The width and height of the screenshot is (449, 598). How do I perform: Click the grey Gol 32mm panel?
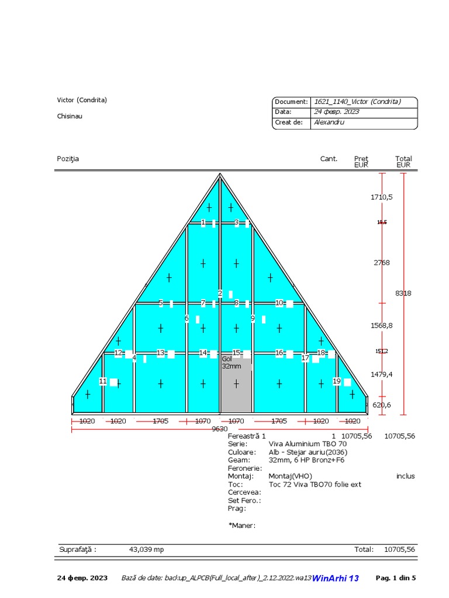pyautogui.click(x=236, y=388)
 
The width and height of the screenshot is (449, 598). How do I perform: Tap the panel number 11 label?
pyautogui.click(x=103, y=381)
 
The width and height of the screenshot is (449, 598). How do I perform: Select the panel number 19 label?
pyautogui.click(x=337, y=381)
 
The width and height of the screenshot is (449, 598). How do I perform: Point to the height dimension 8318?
pyautogui.click(x=403, y=293)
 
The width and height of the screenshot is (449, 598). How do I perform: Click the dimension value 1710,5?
pyautogui.click(x=382, y=197)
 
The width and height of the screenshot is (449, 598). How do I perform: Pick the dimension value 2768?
pyautogui.click(x=382, y=263)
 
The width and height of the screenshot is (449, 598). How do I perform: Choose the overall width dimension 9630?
pyautogui.click(x=220, y=429)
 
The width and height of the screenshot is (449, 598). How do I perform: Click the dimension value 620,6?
pyautogui.click(x=382, y=405)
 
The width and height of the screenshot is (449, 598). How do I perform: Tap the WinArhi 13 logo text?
pyautogui.click(x=336, y=578)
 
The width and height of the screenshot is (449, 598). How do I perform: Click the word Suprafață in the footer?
pyautogui.click(x=78, y=550)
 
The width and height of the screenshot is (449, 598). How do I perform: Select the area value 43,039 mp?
pyautogui.click(x=146, y=550)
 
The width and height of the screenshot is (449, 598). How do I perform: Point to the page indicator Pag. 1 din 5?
pyautogui.click(x=396, y=578)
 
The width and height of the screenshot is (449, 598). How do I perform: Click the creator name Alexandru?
pyautogui.click(x=329, y=123)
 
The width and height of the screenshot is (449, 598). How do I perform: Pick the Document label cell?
pyautogui.click(x=291, y=102)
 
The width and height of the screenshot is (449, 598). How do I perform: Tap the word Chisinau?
pyautogui.click(x=70, y=116)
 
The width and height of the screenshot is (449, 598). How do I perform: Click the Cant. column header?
pyautogui.click(x=329, y=159)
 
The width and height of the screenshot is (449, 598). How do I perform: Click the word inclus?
pyautogui.click(x=405, y=476)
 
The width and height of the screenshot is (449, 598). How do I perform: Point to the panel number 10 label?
pyautogui.click(x=279, y=303)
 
